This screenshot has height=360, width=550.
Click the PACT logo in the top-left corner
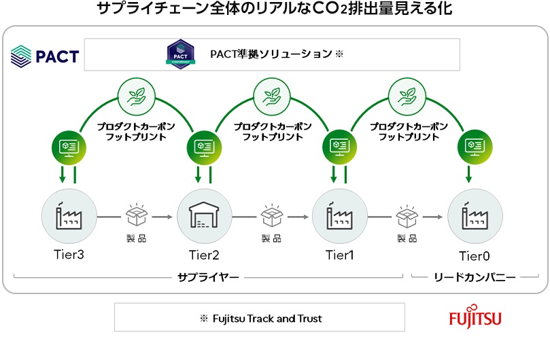coord(45,56)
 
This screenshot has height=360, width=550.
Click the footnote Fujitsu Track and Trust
coord(260,318)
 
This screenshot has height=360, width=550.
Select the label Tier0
coord(475,255)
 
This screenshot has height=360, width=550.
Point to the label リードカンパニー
coord(475,277)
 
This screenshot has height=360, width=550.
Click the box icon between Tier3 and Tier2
coord(135,215)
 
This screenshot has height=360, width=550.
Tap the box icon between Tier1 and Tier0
coord(407,215)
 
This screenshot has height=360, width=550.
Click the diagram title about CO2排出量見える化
coord(275,10)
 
